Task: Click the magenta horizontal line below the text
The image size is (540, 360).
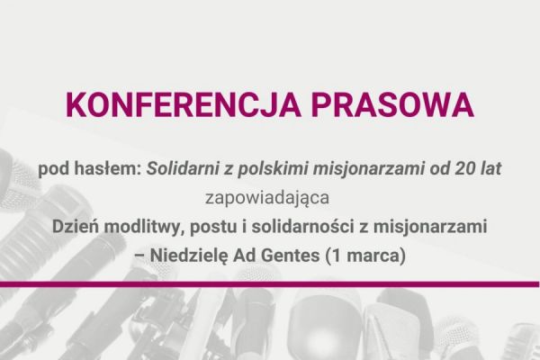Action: pyautogui.click(x=270, y=287)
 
